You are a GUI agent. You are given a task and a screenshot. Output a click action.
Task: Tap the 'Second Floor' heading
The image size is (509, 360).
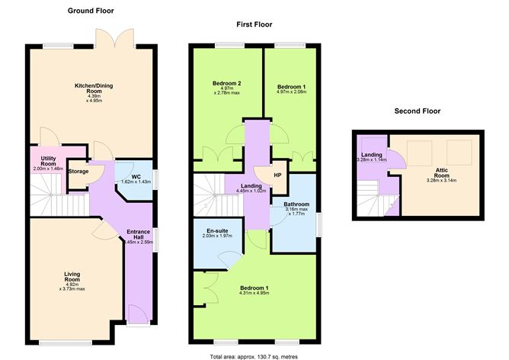417,111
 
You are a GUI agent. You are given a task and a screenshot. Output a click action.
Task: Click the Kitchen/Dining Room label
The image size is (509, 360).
93,88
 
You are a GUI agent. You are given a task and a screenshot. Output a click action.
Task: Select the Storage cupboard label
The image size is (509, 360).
78,171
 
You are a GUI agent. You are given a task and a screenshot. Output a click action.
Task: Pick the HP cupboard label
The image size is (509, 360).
277,174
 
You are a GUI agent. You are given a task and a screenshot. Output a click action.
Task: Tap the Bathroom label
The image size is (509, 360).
296,204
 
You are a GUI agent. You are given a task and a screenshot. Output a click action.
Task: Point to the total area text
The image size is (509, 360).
254,355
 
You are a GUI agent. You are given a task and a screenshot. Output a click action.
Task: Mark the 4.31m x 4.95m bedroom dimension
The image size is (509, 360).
254,294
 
